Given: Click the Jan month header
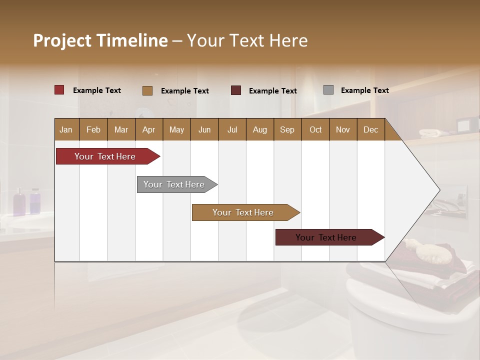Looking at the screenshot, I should (66, 129).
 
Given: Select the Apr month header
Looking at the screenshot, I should (149, 129).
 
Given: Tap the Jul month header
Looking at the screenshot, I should (232, 129).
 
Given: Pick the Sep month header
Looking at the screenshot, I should (287, 129).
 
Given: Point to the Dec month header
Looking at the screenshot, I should (370, 129).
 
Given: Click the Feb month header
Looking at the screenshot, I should (93, 129).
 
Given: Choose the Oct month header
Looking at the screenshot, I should (315, 129).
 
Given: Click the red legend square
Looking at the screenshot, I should (59, 90).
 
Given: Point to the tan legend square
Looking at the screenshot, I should (147, 90).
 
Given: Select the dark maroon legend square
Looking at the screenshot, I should (236, 90).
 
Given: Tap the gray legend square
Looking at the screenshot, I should (328, 90).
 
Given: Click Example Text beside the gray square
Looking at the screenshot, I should (364, 90).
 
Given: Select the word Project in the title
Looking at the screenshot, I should (62, 40).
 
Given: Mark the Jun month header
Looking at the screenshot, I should (204, 129).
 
